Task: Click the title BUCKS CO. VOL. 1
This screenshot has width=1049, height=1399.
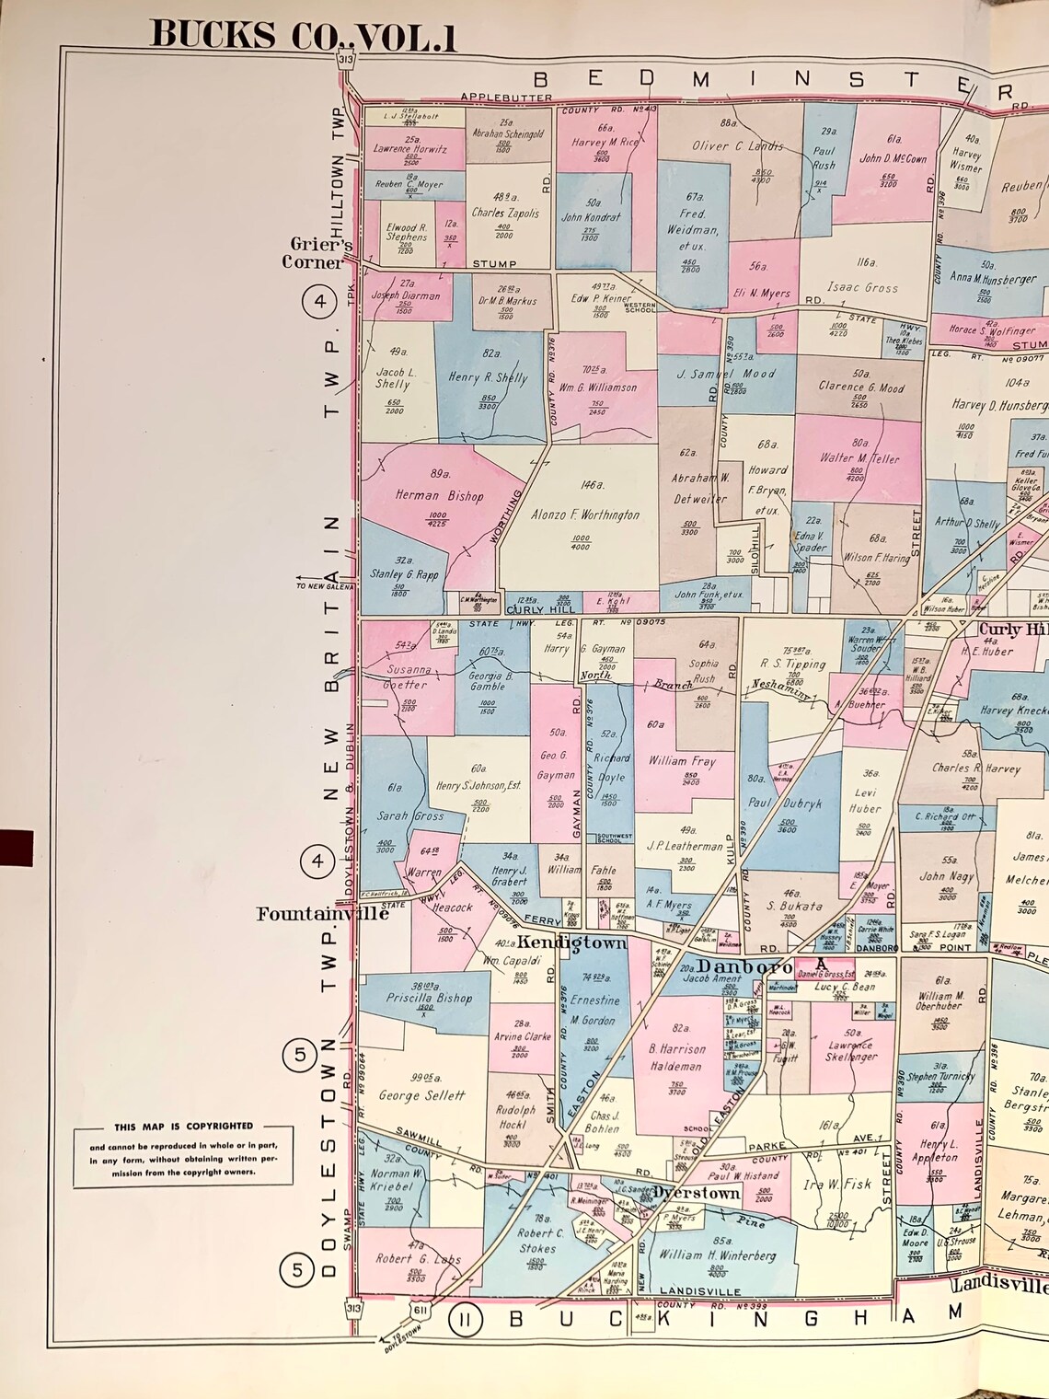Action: [x=303, y=34]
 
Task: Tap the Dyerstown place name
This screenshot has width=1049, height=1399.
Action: [x=696, y=1193]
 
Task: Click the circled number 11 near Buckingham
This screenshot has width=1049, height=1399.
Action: [x=466, y=1321]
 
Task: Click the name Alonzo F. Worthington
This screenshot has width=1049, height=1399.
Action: [x=584, y=515]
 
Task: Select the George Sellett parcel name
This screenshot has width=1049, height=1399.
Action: [x=422, y=1096]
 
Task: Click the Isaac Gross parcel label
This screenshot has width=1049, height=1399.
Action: [x=861, y=287]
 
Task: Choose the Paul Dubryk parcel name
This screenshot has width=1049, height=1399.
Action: [x=784, y=803]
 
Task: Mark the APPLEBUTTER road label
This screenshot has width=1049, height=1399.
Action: [x=506, y=98]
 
